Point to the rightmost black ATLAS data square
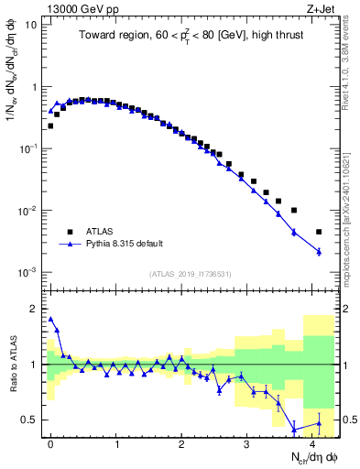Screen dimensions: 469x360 tap(319, 232)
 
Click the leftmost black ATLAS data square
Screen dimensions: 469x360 tap(50, 125)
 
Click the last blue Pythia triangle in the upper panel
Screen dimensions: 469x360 tap(319, 251)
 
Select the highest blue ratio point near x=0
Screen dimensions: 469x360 tap(50, 319)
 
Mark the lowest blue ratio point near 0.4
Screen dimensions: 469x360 tap(293, 430)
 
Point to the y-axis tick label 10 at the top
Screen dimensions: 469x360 tap(31, 25)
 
